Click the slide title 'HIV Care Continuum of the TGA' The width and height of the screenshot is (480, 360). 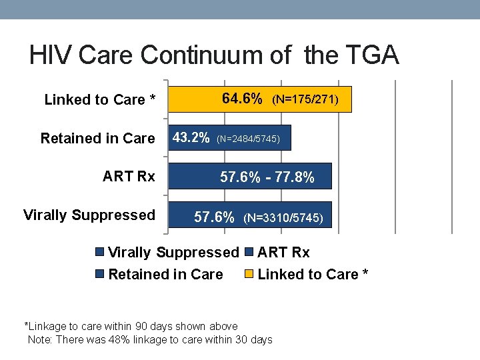(x=214, y=55)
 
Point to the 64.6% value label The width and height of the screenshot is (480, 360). (x=242, y=99)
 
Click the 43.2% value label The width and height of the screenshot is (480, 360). (x=191, y=139)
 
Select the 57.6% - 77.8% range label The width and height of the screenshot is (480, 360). (x=267, y=178)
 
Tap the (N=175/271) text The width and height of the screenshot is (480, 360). (x=305, y=100)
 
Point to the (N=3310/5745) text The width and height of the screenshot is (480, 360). (x=283, y=218)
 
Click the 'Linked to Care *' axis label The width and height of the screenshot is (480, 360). (x=100, y=100)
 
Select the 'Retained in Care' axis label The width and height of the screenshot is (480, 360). (x=97, y=139)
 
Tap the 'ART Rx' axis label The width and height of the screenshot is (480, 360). (x=129, y=177)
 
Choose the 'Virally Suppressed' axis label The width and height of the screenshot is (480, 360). (x=89, y=215)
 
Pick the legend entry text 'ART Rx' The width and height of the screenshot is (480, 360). (x=283, y=253)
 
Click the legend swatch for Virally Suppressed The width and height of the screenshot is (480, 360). (x=100, y=253)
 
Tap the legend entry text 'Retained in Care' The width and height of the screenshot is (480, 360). (x=165, y=274)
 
